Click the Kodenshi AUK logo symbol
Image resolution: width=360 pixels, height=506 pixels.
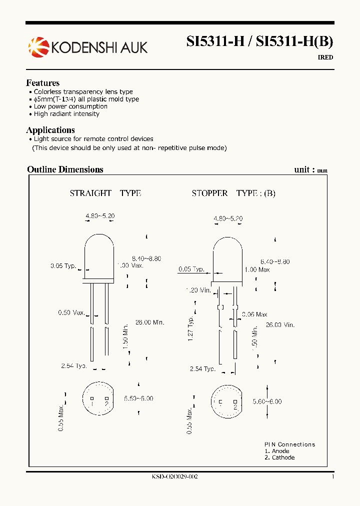(38, 47)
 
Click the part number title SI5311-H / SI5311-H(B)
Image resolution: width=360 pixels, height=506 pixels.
(259, 42)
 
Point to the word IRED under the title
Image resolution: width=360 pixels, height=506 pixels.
(325, 57)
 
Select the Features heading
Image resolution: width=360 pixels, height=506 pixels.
(43, 83)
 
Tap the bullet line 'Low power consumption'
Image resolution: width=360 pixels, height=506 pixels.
(70, 106)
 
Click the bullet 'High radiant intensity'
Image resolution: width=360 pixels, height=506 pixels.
(66, 114)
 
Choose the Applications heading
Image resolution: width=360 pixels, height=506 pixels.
(50, 130)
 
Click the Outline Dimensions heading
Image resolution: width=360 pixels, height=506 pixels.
(65, 169)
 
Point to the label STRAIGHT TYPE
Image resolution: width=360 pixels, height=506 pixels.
(105, 193)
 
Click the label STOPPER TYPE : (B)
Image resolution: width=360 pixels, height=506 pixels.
(233, 193)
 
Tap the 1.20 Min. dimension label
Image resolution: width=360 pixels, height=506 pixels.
(198, 290)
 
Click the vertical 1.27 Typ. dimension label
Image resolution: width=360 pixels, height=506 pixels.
(190, 329)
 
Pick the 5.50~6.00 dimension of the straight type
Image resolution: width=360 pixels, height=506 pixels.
(138, 398)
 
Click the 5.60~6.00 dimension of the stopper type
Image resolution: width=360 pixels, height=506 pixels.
(267, 401)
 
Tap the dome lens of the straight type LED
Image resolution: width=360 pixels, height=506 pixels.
(99, 252)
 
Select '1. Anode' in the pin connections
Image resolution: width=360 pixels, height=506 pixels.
(277, 451)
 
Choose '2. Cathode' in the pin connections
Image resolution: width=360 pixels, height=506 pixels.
(279, 457)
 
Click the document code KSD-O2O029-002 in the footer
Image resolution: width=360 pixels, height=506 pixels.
(174, 477)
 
